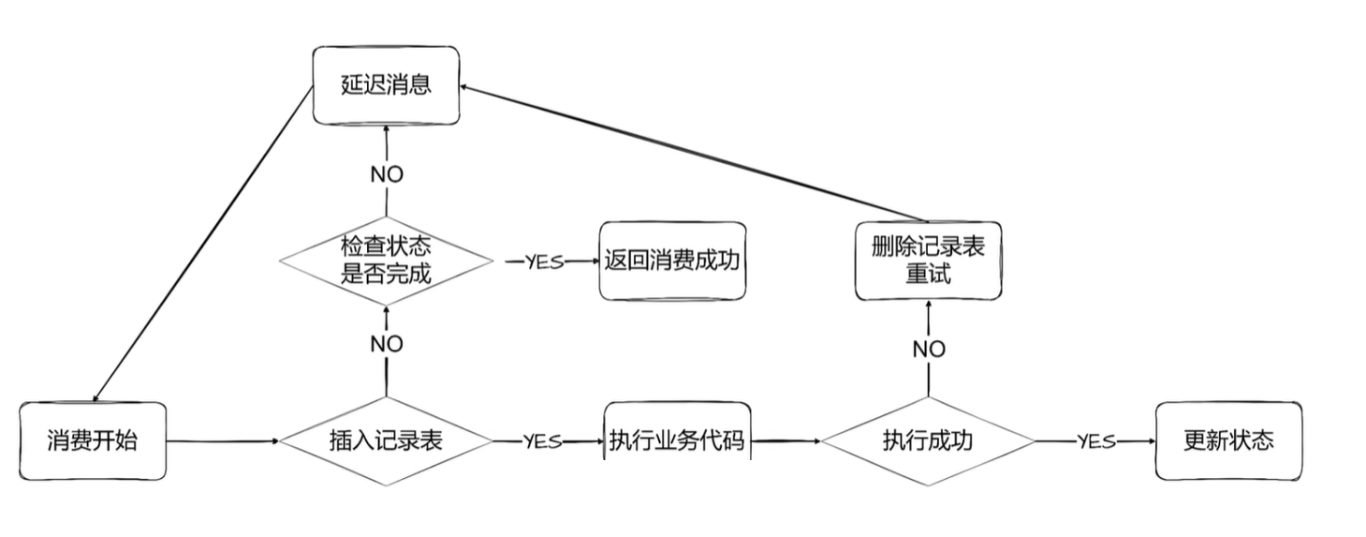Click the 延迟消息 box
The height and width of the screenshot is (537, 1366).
click(x=386, y=84)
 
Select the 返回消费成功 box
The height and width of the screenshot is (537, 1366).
click(x=672, y=261)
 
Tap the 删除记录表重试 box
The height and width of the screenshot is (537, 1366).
click(x=928, y=261)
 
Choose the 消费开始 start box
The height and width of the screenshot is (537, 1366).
click(x=93, y=441)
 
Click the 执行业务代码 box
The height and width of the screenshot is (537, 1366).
click(x=677, y=440)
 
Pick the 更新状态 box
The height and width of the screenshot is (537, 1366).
click(x=1228, y=440)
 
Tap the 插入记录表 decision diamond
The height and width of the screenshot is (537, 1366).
click(x=386, y=440)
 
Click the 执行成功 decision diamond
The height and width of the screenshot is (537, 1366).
click(x=928, y=440)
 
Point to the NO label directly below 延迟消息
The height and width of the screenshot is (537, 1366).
click(x=387, y=174)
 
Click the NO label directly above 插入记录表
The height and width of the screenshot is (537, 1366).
click(x=387, y=344)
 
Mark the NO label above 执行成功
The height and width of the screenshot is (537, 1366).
click(x=929, y=350)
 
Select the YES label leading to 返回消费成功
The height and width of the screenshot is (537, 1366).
click(x=544, y=261)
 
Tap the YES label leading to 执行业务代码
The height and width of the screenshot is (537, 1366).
click(x=542, y=441)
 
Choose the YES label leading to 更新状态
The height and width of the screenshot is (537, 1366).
click(x=1095, y=441)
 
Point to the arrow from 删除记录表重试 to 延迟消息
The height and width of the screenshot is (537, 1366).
click(x=683, y=155)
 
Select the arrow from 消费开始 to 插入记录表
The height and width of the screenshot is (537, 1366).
click(x=223, y=440)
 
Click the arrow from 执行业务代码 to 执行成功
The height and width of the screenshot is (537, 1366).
click(x=786, y=440)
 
